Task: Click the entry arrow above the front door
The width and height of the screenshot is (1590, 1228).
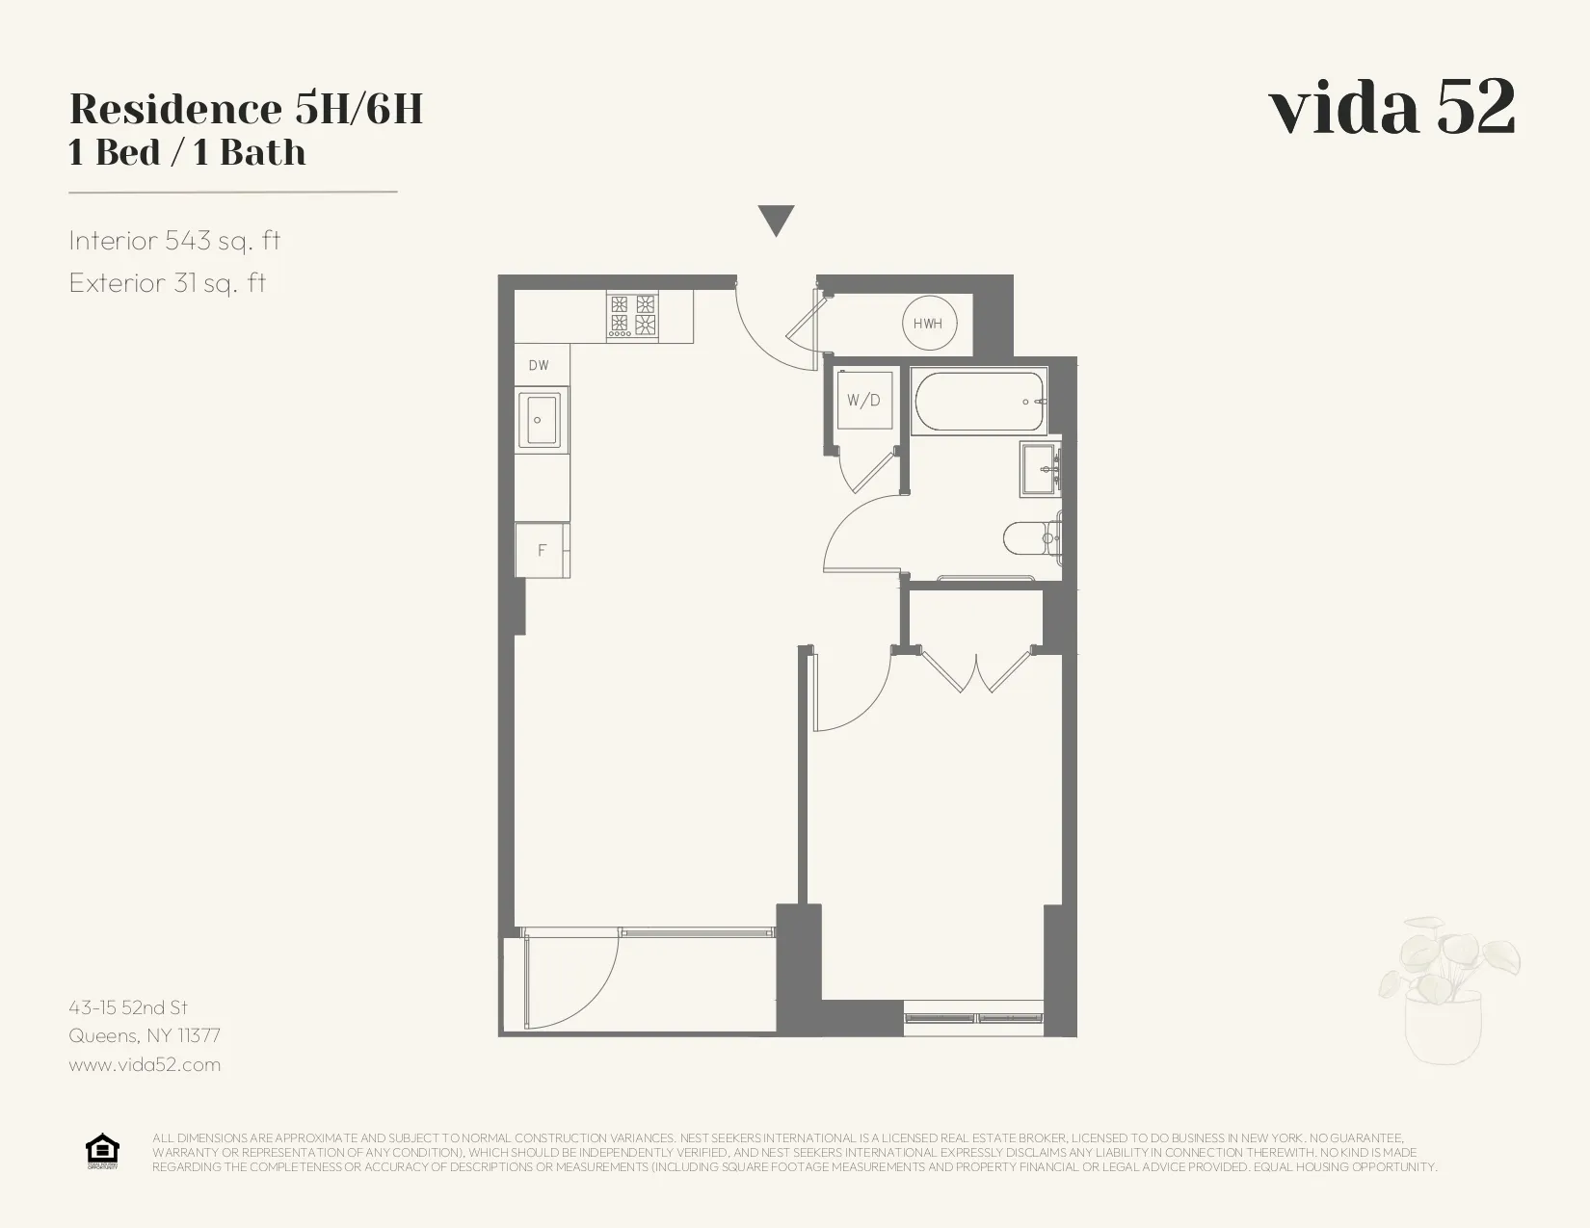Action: pyautogui.click(x=776, y=220)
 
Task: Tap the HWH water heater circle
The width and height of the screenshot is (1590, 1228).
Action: pyautogui.click(x=928, y=324)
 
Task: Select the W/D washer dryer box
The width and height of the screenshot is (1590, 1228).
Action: pyautogui.click(x=864, y=400)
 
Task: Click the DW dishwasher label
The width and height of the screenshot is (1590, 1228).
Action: pyautogui.click(x=539, y=365)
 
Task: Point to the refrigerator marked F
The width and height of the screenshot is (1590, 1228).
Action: pyautogui.click(x=542, y=550)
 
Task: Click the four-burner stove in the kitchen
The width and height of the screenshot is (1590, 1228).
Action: pyautogui.click(x=632, y=315)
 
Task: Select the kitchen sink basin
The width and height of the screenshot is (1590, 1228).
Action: pyautogui.click(x=539, y=420)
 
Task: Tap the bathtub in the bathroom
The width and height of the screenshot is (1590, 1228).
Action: pyautogui.click(x=979, y=402)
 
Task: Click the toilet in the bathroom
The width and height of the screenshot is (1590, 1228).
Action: pyautogui.click(x=1030, y=537)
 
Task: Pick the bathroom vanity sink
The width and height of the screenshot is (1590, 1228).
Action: pyautogui.click(x=1041, y=469)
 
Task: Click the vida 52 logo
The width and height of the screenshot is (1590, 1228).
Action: pyautogui.click(x=1391, y=107)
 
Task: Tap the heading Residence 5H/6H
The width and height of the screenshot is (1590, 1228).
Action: pyautogui.click(x=247, y=109)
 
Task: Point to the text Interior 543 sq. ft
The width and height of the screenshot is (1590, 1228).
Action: pyautogui.click(x=174, y=240)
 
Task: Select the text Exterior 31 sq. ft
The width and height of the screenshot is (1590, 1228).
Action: pyautogui.click(x=168, y=282)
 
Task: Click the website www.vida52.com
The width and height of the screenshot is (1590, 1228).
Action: pyautogui.click(x=145, y=1064)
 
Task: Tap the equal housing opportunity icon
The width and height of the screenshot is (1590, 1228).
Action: pyautogui.click(x=102, y=1151)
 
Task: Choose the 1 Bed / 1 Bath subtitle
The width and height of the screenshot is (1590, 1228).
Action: pyautogui.click(x=187, y=153)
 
